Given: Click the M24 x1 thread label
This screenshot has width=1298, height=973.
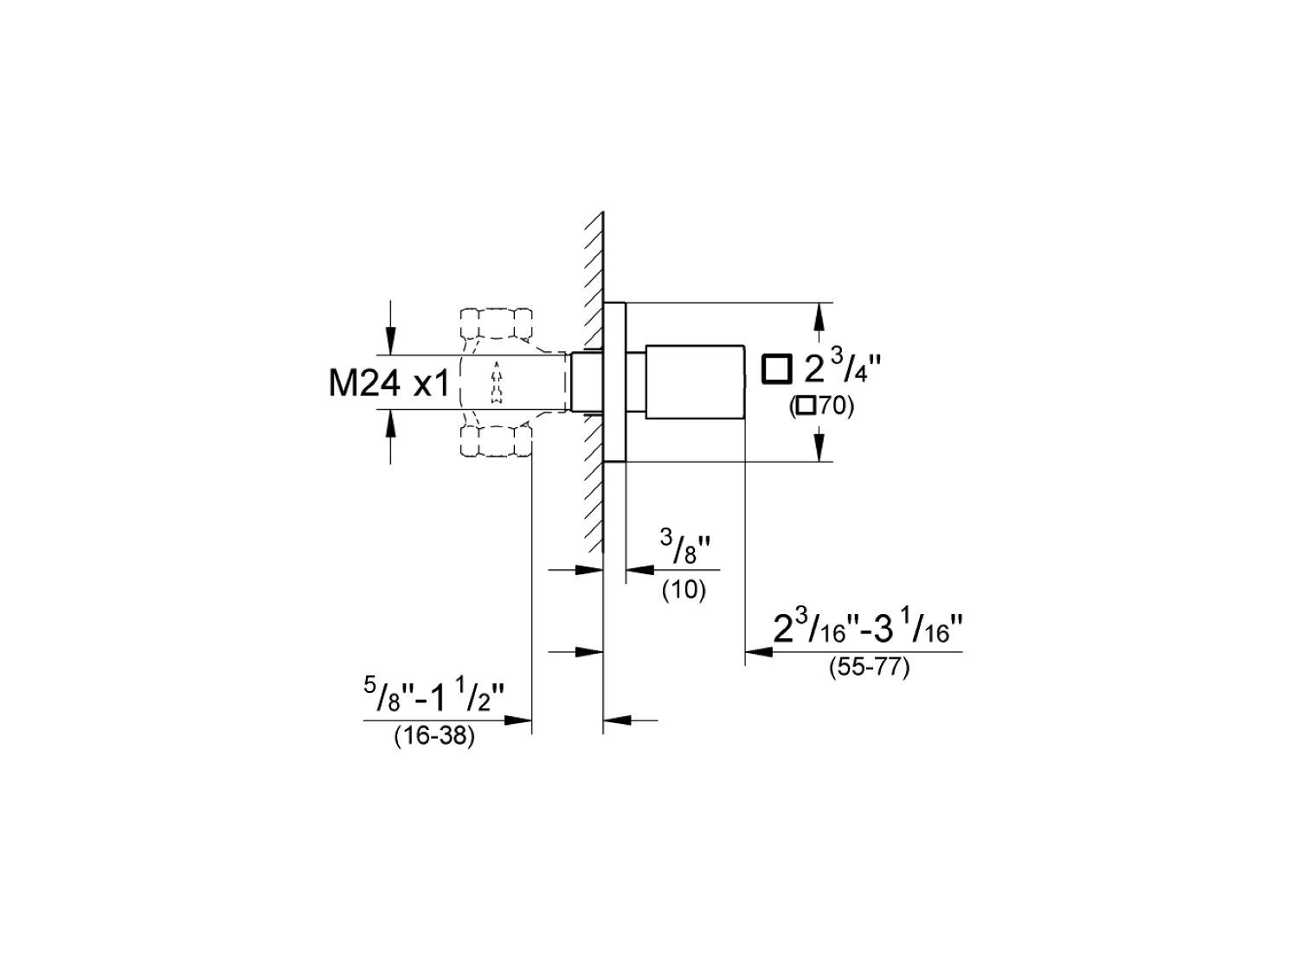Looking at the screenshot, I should point(389,383).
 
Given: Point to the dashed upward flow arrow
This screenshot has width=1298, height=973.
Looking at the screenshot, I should point(496,382).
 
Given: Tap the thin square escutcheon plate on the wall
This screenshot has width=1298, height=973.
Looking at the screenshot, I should point(614,382).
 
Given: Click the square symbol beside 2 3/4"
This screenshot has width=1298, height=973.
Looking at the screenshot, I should point(776,369).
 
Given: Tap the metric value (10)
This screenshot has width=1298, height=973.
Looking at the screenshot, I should point(684,591).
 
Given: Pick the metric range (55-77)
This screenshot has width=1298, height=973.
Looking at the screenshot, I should point(869,669).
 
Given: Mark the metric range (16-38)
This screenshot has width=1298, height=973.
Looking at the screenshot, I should point(434,738).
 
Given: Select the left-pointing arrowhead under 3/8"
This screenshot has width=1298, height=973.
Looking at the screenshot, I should point(639,570).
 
